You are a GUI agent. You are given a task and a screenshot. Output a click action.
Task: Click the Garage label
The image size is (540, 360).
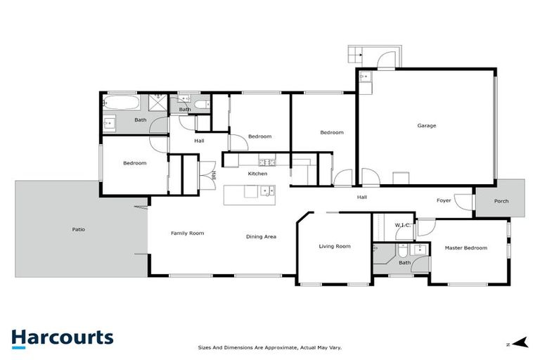pos(427,126)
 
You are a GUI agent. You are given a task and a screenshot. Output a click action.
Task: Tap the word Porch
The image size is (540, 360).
pos(501,201)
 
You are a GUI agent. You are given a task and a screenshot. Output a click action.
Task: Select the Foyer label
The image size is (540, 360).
pos(444,200)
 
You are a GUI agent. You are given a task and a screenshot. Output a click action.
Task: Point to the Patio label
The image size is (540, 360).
pos(79,229)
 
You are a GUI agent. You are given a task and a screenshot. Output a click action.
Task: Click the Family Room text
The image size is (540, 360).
pos(187,233)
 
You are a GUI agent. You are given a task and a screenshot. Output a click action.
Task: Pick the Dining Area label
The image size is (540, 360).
pos(261,236)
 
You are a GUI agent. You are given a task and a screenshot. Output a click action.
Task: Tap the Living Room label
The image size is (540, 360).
pos(335,246)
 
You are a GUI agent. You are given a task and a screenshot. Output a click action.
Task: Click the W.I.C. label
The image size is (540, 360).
pos(403,225)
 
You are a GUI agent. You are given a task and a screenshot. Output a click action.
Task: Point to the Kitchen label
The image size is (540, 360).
pos(258,173)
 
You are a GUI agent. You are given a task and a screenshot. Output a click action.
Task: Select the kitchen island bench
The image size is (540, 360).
pos(250,195)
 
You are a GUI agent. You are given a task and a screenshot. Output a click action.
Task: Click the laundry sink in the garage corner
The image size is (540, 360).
pos(365,77)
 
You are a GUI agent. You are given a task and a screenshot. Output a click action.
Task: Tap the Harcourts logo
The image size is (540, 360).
pos(62,338)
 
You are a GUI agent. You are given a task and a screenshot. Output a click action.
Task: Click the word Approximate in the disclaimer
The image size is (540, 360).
pos(280,347)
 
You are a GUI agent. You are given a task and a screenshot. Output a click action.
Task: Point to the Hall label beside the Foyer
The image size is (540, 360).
pos(361,197)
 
